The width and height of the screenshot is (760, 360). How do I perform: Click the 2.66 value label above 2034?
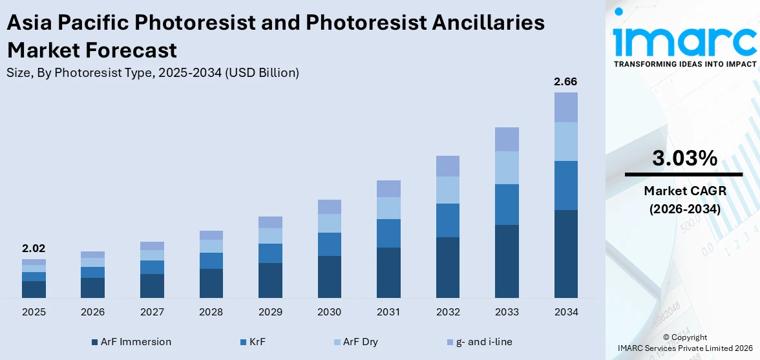coord(565,82)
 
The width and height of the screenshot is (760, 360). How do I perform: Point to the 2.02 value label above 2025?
coord(34,248)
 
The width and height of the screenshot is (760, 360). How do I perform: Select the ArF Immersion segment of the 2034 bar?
coord(565,253)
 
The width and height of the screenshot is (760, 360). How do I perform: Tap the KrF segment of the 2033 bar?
coord(507,204)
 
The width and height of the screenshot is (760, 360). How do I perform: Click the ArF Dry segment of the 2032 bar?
coord(447,190)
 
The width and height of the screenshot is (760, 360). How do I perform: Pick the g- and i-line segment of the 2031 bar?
coord(388,189)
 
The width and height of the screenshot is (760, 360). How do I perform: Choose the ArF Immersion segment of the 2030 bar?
coord(329,277)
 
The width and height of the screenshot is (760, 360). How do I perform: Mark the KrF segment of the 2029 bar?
coord(270,253)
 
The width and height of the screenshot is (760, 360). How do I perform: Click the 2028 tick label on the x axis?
coord(211,312)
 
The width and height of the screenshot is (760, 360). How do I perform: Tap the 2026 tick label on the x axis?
coord(93,312)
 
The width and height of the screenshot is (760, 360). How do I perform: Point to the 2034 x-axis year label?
coord(565,312)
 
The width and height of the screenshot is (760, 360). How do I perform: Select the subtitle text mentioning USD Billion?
coord(153,73)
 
